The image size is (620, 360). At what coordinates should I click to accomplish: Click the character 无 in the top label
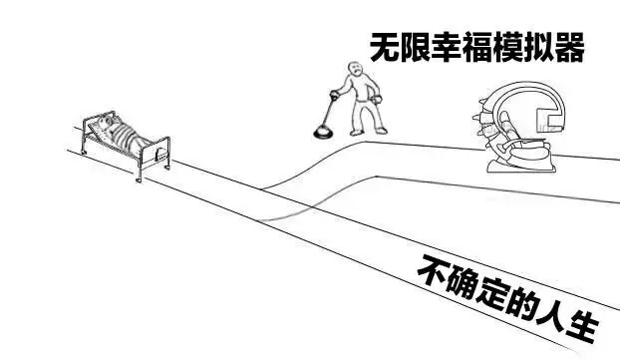(x=385, y=47)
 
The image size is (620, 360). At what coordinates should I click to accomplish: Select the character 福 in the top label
(x=476, y=47)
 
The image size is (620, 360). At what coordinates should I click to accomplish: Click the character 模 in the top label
(x=507, y=47)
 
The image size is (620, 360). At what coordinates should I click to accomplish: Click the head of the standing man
(x=356, y=68)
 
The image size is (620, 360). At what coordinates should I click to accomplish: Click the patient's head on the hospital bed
(x=105, y=122)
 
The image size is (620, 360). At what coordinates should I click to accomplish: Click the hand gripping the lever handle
(x=335, y=95)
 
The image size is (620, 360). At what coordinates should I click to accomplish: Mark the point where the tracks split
(x=262, y=189)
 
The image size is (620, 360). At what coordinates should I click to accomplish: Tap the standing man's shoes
(x=369, y=132)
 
